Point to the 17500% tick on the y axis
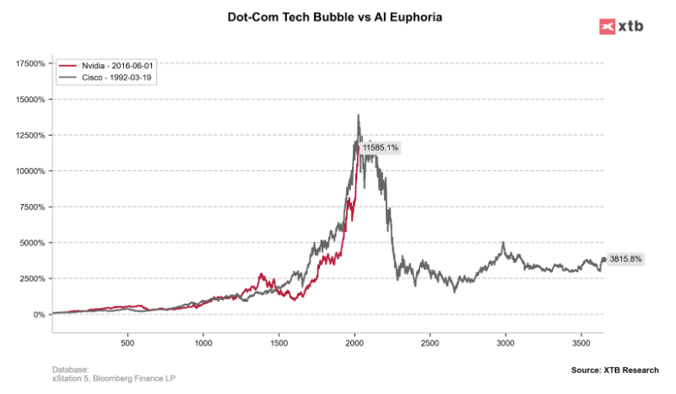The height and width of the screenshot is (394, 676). [30, 63]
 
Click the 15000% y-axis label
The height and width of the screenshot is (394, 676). [30, 100]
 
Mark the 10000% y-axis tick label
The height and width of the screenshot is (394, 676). [30, 171]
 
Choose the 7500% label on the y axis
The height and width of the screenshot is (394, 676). [32, 207]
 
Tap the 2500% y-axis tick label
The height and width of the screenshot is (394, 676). [32, 278]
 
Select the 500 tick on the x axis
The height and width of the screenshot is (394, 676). [127, 344]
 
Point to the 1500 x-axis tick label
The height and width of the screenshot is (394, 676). [279, 344]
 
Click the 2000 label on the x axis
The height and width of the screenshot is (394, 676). [354, 344]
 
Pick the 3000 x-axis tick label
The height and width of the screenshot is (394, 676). [506, 344]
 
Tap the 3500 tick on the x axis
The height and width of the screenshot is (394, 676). [581, 344]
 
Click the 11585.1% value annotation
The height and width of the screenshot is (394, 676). [380, 148]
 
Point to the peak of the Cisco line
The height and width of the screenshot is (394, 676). [358, 115]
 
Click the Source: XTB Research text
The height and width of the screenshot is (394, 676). [614, 370]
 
